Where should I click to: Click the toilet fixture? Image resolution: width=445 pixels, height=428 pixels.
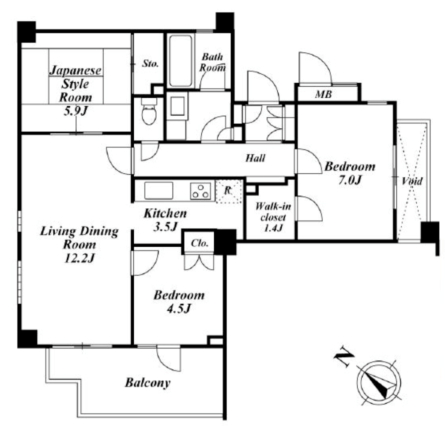tap(149, 111)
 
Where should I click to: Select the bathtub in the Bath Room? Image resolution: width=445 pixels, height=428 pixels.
tap(181, 61)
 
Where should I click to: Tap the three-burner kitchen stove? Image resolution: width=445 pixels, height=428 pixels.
tap(200, 191)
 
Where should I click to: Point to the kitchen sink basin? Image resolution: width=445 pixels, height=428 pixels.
tap(158, 191)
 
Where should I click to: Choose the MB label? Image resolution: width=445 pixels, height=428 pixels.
tap(323, 94)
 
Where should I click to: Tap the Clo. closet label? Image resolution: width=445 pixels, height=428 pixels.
tap(200, 243)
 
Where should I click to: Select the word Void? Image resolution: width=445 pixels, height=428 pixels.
tap(412, 181)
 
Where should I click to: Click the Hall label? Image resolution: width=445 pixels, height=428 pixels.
tap(255, 158)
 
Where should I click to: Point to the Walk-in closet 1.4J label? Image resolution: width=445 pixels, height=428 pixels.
tap(273, 217)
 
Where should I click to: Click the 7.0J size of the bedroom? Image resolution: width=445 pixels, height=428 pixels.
tap(350, 180)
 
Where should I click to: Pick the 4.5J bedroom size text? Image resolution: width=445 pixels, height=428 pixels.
tap(179, 308)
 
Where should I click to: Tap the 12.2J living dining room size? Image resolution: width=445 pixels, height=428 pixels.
tap(79, 258)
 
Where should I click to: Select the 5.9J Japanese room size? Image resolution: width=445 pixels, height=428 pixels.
tap(75, 111)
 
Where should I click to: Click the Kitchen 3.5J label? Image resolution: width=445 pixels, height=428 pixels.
tap(165, 220)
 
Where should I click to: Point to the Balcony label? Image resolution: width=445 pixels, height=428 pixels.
tap(147, 383)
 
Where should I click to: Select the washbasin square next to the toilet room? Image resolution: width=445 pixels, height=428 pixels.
tap(177, 106)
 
